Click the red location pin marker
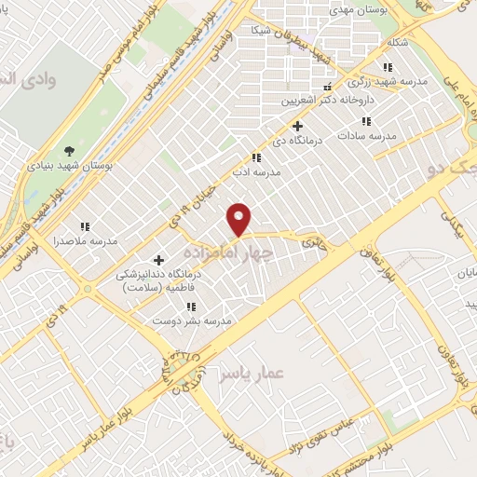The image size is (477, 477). (240, 219)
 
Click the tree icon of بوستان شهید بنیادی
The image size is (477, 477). (70, 151)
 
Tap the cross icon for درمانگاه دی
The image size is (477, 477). (297, 126)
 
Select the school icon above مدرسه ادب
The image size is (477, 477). (257, 158)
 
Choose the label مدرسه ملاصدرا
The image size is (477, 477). (85, 241)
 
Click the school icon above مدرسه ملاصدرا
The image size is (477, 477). (85, 226)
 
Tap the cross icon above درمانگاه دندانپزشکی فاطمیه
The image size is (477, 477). (158, 260)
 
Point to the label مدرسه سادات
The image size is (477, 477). (370, 136)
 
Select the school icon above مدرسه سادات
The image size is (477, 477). (367, 121)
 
